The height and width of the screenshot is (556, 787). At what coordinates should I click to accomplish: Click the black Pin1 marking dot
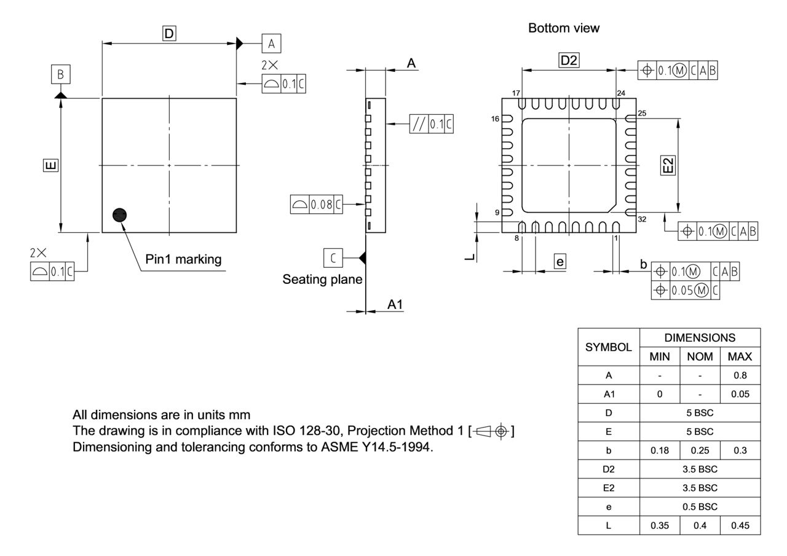(x=120, y=214)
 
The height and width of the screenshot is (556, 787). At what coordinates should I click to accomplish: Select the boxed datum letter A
(x=271, y=44)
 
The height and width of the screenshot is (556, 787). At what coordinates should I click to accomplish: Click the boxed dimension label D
(x=169, y=33)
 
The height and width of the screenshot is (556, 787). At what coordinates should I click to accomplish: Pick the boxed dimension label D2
(x=569, y=60)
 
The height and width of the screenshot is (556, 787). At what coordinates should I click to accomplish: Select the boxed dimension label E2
(x=668, y=165)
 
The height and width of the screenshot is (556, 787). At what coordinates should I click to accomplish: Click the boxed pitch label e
(x=560, y=262)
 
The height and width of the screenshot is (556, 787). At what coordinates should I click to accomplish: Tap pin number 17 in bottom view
(x=516, y=93)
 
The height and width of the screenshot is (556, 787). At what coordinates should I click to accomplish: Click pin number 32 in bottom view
(x=643, y=219)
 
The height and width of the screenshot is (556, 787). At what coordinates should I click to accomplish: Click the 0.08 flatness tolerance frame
(x=317, y=205)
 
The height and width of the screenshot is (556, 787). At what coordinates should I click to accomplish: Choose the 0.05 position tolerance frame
(x=686, y=291)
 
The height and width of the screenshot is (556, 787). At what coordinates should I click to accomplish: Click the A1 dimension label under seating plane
(x=395, y=304)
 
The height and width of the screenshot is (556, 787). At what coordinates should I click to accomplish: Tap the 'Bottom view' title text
(x=563, y=28)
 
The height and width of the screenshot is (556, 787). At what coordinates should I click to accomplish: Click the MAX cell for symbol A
(x=740, y=375)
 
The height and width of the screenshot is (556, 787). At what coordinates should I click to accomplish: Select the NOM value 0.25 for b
(x=699, y=450)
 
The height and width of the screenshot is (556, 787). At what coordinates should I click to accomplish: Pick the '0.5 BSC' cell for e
(x=700, y=507)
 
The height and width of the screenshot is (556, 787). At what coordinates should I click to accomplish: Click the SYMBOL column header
(x=609, y=347)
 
